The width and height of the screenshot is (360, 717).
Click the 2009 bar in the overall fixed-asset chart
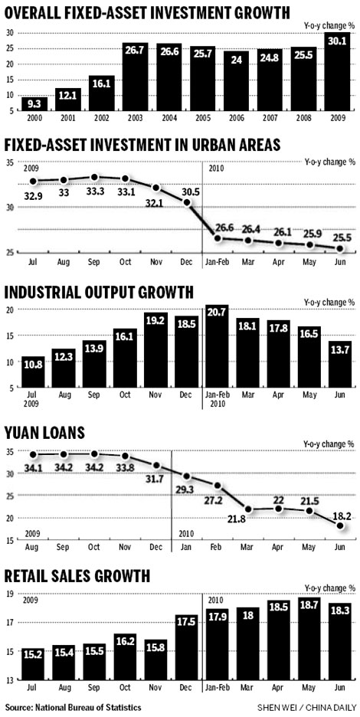[x=336, y=74]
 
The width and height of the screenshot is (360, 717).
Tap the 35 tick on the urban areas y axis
[x=11, y=162]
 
